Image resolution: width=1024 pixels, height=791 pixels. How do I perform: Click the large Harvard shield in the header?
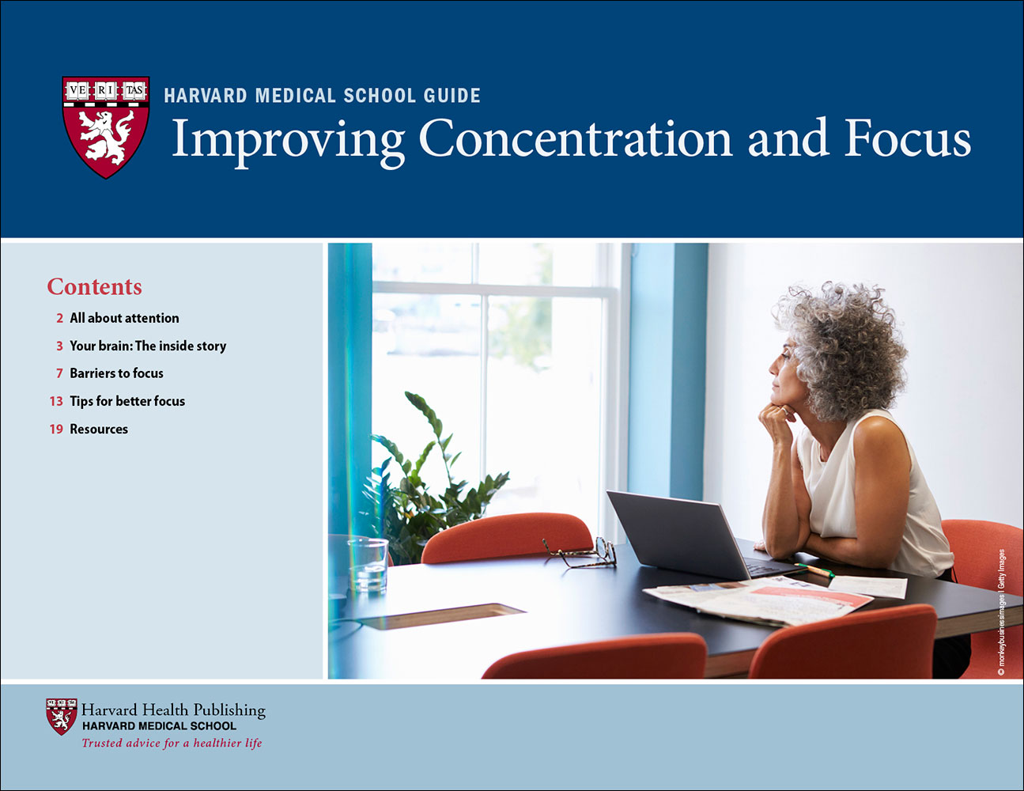click(106, 127)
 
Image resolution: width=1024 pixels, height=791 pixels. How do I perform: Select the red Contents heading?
click(94, 286)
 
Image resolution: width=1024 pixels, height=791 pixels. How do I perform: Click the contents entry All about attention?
click(124, 318)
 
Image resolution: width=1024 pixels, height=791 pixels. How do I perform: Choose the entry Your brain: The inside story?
click(148, 346)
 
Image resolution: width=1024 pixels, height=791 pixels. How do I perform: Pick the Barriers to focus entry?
click(116, 373)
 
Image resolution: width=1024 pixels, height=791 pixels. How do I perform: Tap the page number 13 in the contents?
click(56, 401)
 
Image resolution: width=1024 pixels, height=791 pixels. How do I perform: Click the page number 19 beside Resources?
click(56, 429)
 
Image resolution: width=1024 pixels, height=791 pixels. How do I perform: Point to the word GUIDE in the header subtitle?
click(452, 96)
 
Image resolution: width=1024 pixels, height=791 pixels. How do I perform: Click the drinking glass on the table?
click(368, 565)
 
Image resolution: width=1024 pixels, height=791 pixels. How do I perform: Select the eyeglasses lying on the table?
click(582, 553)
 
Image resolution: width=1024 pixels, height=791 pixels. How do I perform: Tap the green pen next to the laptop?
click(814, 570)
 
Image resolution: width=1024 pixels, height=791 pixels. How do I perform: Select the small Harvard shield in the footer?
click(61, 717)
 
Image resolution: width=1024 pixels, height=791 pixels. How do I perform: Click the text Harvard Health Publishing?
click(173, 710)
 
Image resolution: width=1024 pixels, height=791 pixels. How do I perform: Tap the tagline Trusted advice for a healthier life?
click(172, 744)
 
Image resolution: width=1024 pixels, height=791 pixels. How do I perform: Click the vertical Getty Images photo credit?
click(1001, 613)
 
